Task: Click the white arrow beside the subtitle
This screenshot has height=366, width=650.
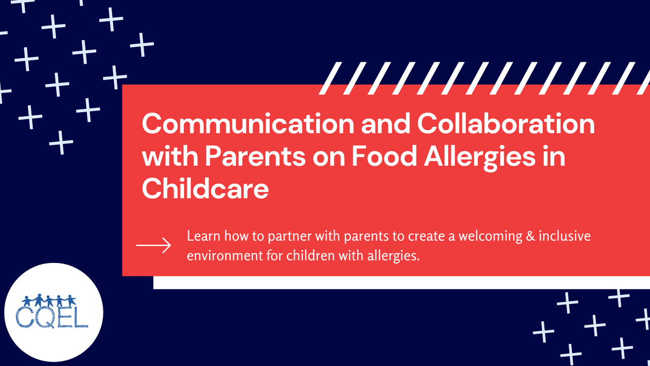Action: pyautogui.click(x=153, y=246)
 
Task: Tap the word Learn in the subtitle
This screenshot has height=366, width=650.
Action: pyautogui.click(x=201, y=237)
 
